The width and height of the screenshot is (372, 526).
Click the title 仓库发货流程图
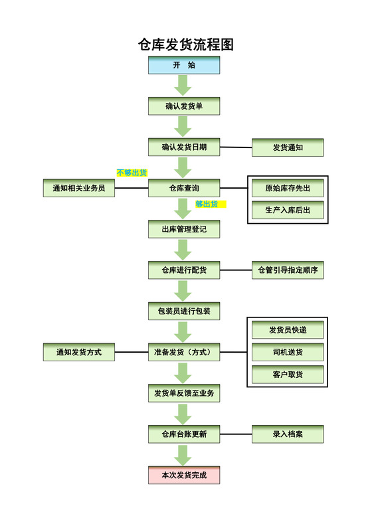point(185,44)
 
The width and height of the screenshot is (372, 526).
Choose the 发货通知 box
point(288,147)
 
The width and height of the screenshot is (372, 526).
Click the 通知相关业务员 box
point(79,189)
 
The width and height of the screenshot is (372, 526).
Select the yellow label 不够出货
point(132,173)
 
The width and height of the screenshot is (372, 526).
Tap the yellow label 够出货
point(210,205)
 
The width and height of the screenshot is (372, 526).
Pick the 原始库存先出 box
point(288,189)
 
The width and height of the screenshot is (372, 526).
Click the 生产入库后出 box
point(288,211)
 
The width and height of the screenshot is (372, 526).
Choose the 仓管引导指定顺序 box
point(288,270)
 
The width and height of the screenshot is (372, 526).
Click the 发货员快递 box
point(288,330)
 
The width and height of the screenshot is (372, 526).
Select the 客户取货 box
point(288,375)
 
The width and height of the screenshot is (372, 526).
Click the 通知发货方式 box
point(79,353)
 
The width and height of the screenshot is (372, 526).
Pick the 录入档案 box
point(288,434)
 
